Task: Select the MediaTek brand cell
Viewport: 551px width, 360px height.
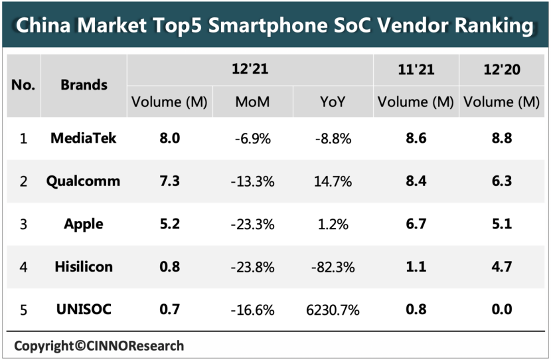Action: pos(84,138)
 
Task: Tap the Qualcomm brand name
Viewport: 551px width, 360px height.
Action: pos(84,181)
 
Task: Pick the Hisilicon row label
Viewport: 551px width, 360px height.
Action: pos(84,266)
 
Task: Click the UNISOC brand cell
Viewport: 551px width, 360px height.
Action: pos(84,310)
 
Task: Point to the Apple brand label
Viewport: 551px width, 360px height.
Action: pos(84,224)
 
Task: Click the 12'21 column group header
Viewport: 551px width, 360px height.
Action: pos(250,69)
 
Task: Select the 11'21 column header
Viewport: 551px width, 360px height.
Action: pos(415,69)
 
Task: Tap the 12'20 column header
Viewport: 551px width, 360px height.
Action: pos(501,69)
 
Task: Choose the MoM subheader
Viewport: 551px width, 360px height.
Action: pos(252,102)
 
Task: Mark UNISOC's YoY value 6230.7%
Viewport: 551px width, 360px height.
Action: pos(333,310)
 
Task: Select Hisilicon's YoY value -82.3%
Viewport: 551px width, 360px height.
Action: pos(333,267)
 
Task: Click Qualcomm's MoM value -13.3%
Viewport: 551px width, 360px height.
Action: pos(252,181)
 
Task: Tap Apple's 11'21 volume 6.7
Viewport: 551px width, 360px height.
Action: pos(415,224)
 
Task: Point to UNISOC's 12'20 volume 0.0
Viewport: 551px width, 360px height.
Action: pos(501,310)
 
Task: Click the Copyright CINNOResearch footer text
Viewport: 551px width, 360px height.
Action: pos(99,345)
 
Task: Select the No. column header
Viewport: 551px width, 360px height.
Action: pos(24,85)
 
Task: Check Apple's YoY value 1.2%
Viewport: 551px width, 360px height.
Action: pos(333,224)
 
